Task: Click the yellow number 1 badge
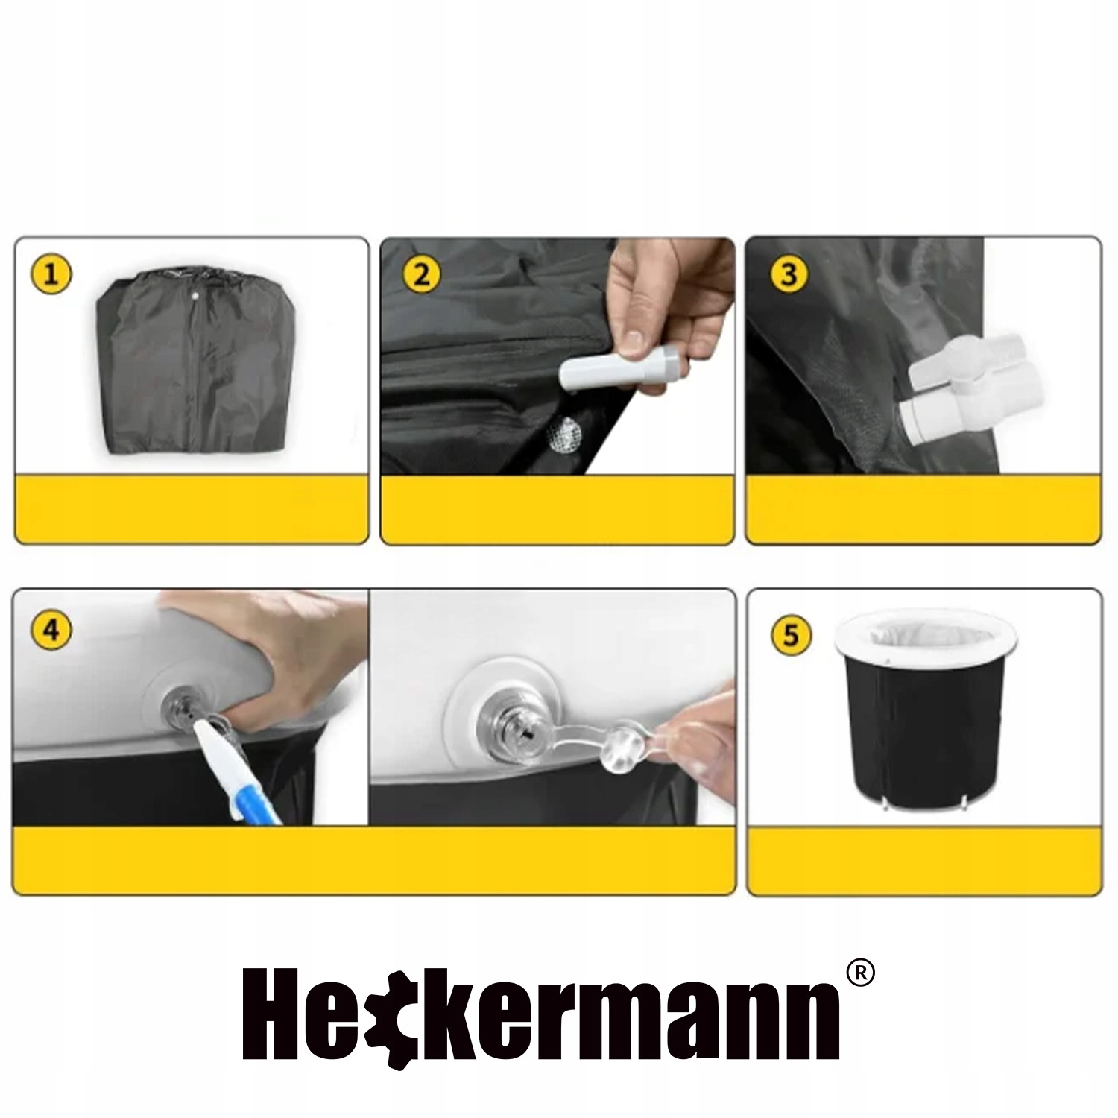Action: pos(51,274)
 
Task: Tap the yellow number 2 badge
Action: pos(422,274)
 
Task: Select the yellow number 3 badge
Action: pos(789,274)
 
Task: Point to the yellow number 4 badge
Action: pos(51,631)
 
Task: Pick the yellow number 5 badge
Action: pos(791,636)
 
